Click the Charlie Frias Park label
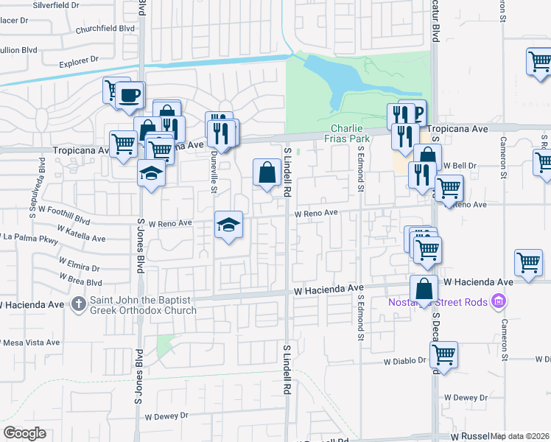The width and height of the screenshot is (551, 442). click(349, 133)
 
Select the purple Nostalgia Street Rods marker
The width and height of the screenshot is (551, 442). click(499, 301)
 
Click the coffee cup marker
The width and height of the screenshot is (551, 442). click(130, 96)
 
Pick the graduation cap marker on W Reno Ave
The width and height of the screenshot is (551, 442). click(228, 223)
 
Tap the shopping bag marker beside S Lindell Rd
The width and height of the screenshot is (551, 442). click(267, 173)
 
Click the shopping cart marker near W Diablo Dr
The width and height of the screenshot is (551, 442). click(443, 355)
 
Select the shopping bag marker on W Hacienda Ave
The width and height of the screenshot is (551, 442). click(424, 290)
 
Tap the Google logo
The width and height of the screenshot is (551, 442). click(24, 433)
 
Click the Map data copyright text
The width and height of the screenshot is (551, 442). click(520, 436)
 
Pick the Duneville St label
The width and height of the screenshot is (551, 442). click(212, 174)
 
